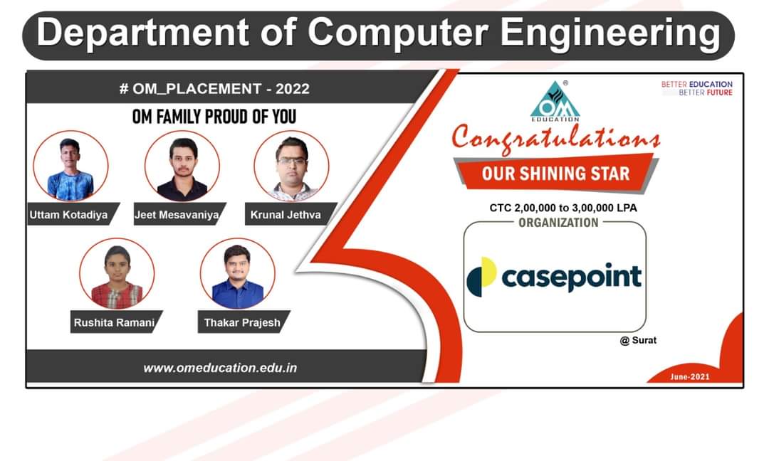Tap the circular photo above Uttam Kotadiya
tap(70, 166)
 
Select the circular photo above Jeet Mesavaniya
tap(182, 166)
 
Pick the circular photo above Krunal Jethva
tap(292, 166)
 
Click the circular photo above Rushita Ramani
tap(117, 274)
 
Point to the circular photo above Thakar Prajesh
tap(238, 274)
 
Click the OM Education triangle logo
tap(555, 101)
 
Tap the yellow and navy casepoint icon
tap(481, 277)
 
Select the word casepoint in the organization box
tap(571, 277)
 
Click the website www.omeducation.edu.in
tap(220, 368)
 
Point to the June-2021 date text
tap(689, 377)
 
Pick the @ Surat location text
tap(638, 340)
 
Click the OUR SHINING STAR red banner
tap(555, 174)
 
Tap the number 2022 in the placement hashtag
tap(293, 89)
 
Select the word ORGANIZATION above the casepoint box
tap(559, 223)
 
